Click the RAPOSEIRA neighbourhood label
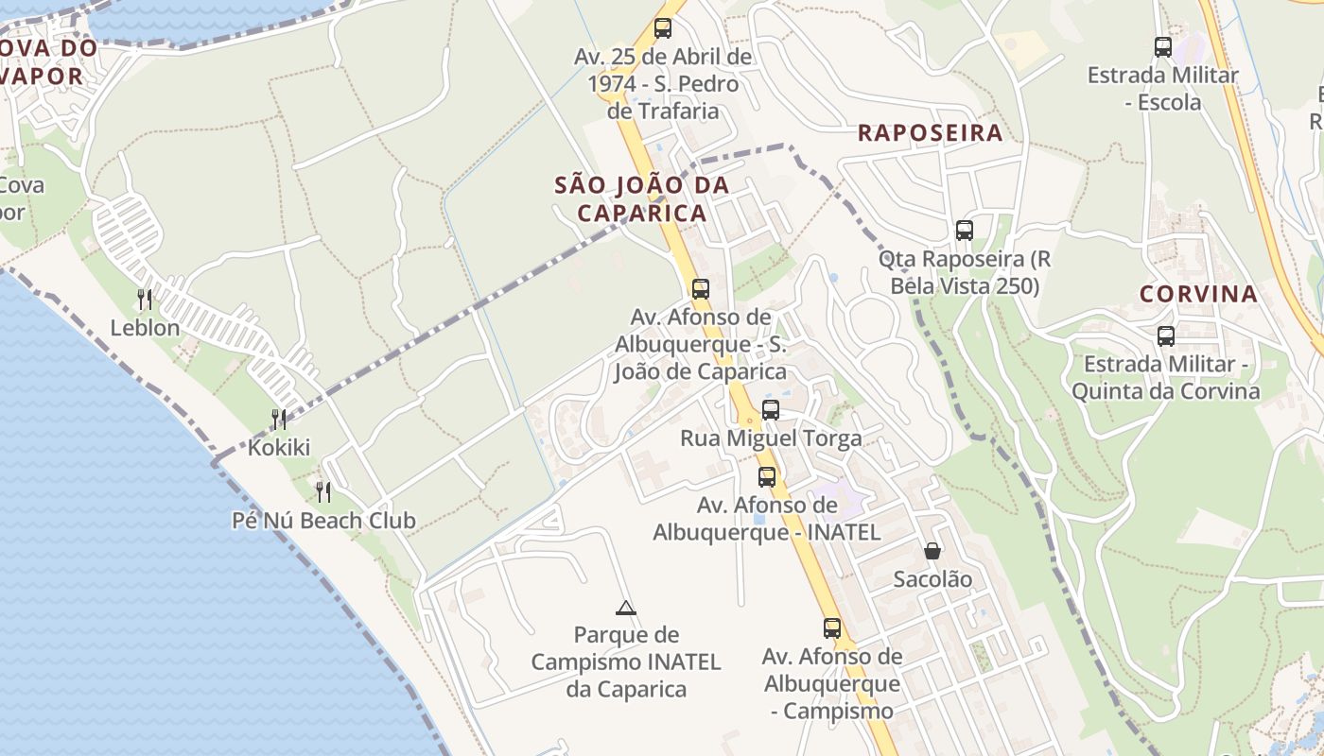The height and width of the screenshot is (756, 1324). [x=930, y=133]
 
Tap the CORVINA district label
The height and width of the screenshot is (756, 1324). [x=1198, y=294]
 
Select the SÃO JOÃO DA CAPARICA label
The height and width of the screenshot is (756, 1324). [x=642, y=198]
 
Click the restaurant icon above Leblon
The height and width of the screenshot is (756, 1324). [x=145, y=300]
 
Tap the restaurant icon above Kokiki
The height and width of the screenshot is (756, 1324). [x=278, y=420]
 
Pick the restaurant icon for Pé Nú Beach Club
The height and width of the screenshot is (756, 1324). [x=323, y=491]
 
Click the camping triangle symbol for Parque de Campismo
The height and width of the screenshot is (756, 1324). [x=625, y=608]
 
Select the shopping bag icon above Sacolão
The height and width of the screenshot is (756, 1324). [x=932, y=551]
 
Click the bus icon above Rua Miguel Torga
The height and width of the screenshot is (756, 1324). [x=771, y=410]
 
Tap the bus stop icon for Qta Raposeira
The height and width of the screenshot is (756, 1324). [x=964, y=230]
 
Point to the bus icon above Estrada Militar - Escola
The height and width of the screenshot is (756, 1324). [x=1163, y=46]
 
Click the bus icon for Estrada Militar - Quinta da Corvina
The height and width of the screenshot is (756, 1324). [x=1166, y=335]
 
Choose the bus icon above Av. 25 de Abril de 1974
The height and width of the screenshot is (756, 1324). [x=663, y=28]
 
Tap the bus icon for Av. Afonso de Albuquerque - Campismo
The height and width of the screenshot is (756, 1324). [x=831, y=627]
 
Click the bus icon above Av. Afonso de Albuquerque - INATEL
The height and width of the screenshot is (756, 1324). [x=767, y=477]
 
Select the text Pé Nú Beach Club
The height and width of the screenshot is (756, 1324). [x=323, y=521]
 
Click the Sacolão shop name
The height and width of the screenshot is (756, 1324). [x=932, y=579]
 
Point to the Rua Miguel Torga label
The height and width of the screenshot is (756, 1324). [x=771, y=438]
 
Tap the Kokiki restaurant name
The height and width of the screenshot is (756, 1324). [x=278, y=448]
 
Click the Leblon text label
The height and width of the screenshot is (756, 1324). [x=145, y=328]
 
